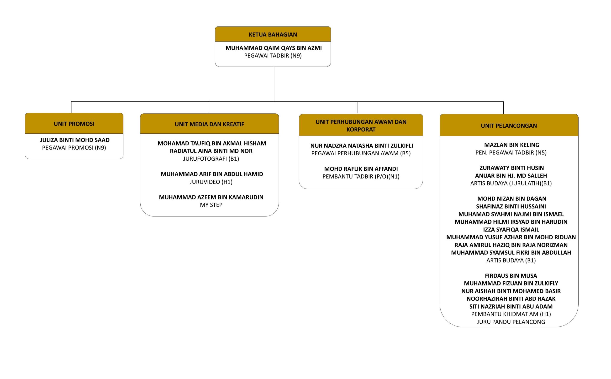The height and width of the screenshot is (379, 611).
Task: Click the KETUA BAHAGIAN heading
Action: pyautogui.click(x=273, y=35)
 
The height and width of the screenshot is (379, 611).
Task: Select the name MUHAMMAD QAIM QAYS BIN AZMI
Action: pyautogui.click(x=274, y=48)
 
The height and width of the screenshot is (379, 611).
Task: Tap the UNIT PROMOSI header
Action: pyautogui.click(x=74, y=124)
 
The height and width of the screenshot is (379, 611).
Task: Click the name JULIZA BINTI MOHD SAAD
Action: pyautogui.click(x=75, y=140)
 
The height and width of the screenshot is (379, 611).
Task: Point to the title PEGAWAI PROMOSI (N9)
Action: pyautogui.click(x=74, y=148)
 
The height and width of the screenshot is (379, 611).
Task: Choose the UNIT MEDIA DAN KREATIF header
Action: pyautogui.click(x=209, y=124)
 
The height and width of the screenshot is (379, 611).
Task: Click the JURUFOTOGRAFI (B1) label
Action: pyautogui.click(x=211, y=159)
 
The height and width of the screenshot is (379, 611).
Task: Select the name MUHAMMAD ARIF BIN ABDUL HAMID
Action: pyautogui.click(x=212, y=174)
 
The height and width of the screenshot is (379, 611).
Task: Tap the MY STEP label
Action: pyautogui.click(x=211, y=205)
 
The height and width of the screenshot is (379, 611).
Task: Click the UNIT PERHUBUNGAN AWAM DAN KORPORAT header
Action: pyautogui.click(x=361, y=126)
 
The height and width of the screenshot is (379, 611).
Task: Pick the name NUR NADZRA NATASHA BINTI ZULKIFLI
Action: pyautogui.click(x=361, y=146)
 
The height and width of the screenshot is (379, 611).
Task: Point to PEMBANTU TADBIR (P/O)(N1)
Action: pyautogui.click(x=361, y=176)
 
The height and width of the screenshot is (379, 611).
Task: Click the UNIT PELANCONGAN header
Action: pyautogui.click(x=509, y=126)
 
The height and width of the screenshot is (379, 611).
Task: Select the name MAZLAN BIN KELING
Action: pyautogui.click(x=511, y=145)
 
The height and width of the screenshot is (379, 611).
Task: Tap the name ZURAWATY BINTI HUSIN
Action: pyautogui.click(x=511, y=168)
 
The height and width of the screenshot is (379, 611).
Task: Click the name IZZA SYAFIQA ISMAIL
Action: pyautogui.click(x=511, y=230)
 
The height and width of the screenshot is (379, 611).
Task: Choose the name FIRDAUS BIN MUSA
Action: pyautogui.click(x=511, y=276)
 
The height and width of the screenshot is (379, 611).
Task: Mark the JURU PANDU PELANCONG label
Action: pyautogui.click(x=511, y=322)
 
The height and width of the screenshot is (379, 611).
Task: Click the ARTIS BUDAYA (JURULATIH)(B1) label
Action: pyautogui.click(x=511, y=183)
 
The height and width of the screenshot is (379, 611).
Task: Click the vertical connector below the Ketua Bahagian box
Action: pyautogui.click(x=274, y=84)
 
